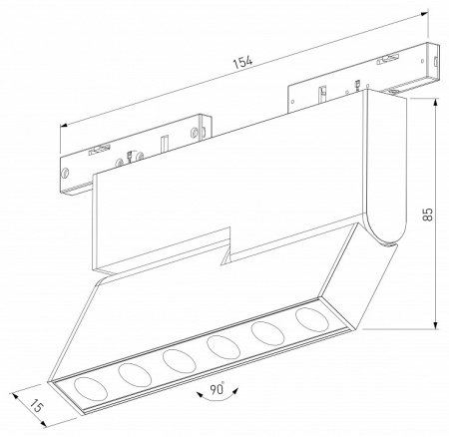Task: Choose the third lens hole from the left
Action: point(177,359)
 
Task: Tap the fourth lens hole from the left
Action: point(222,345)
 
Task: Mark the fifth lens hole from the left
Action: point(265,332)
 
